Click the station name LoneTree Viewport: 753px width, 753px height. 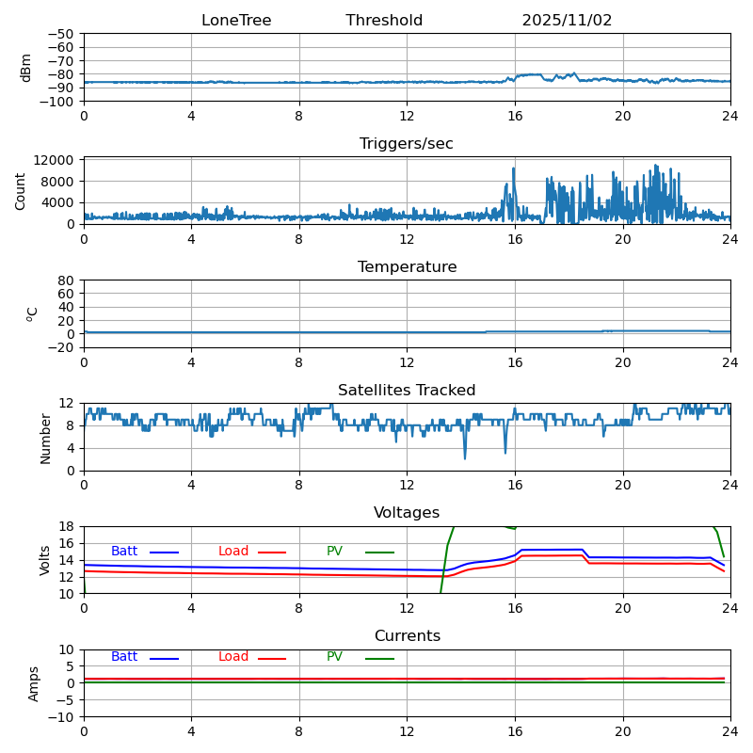click(235, 21)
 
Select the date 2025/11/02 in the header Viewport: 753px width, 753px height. click(567, 21)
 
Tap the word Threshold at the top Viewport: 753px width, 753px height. click(384, 21)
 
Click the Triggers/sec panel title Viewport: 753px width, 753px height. click(407, 144)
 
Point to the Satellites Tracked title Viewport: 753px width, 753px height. click(407, 391)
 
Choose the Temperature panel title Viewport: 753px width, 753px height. click(407, 267)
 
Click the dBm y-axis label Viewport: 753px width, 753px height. click(26, 68)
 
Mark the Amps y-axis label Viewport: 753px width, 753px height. click(34, 683)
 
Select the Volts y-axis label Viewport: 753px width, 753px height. click(45, 560)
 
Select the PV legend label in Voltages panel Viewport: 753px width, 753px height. click(334, 552)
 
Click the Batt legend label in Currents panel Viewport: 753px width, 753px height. click(124, 657)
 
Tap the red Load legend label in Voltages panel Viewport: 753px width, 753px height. click(233, 552)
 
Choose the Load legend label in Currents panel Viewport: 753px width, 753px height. click(233, 657)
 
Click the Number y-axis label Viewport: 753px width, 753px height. click(45, 438)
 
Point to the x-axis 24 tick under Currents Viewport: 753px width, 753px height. click(730, 731)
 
